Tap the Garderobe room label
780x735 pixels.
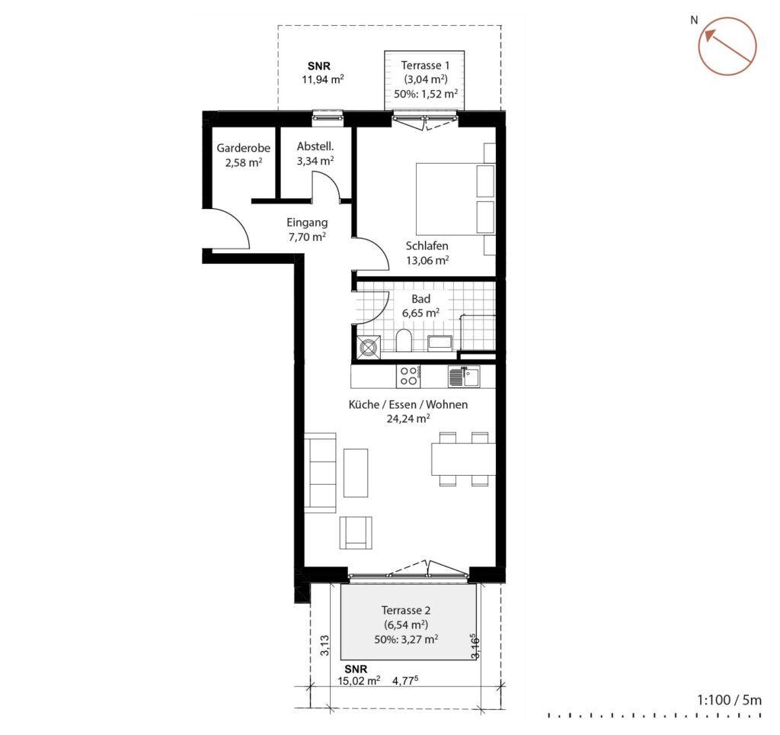(243, 148)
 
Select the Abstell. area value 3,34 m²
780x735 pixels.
(315, 161)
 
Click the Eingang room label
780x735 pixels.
(307, 223)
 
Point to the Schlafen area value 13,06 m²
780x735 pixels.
(427, 260)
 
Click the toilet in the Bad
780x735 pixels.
(404, 341)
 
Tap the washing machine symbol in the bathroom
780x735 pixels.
(369, 347)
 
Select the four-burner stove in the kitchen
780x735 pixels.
(409, 376)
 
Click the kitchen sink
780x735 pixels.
(464, 376)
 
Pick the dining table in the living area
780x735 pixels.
(464, 459)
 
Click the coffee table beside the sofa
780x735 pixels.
(356, 473)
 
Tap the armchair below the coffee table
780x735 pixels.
(356, 532)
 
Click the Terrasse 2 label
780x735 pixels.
(406, 610)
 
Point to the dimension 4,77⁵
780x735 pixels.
(405, 680)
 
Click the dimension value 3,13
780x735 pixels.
(324, 645)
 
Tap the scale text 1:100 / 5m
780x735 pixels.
(729, 700)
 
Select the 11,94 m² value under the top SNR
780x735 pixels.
(323, 79)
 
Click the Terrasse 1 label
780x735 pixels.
(425, 66)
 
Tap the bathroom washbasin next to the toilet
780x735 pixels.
(440, 343)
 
